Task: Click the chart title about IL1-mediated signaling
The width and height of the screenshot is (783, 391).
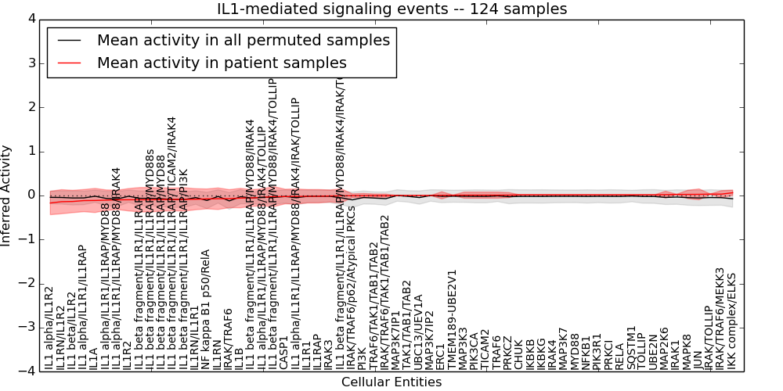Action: coord(391,9)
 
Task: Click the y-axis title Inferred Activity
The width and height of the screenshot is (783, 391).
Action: coord(7,195)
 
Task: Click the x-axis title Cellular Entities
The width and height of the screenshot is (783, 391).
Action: coord(391,382)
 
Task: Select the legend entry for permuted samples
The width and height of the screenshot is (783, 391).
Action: coord(243,40)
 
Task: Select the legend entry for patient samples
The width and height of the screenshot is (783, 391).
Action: coord(222,63)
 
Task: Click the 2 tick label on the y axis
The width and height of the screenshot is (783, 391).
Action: coord(31,107)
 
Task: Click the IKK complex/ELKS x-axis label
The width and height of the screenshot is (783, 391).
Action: coord(732,320)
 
